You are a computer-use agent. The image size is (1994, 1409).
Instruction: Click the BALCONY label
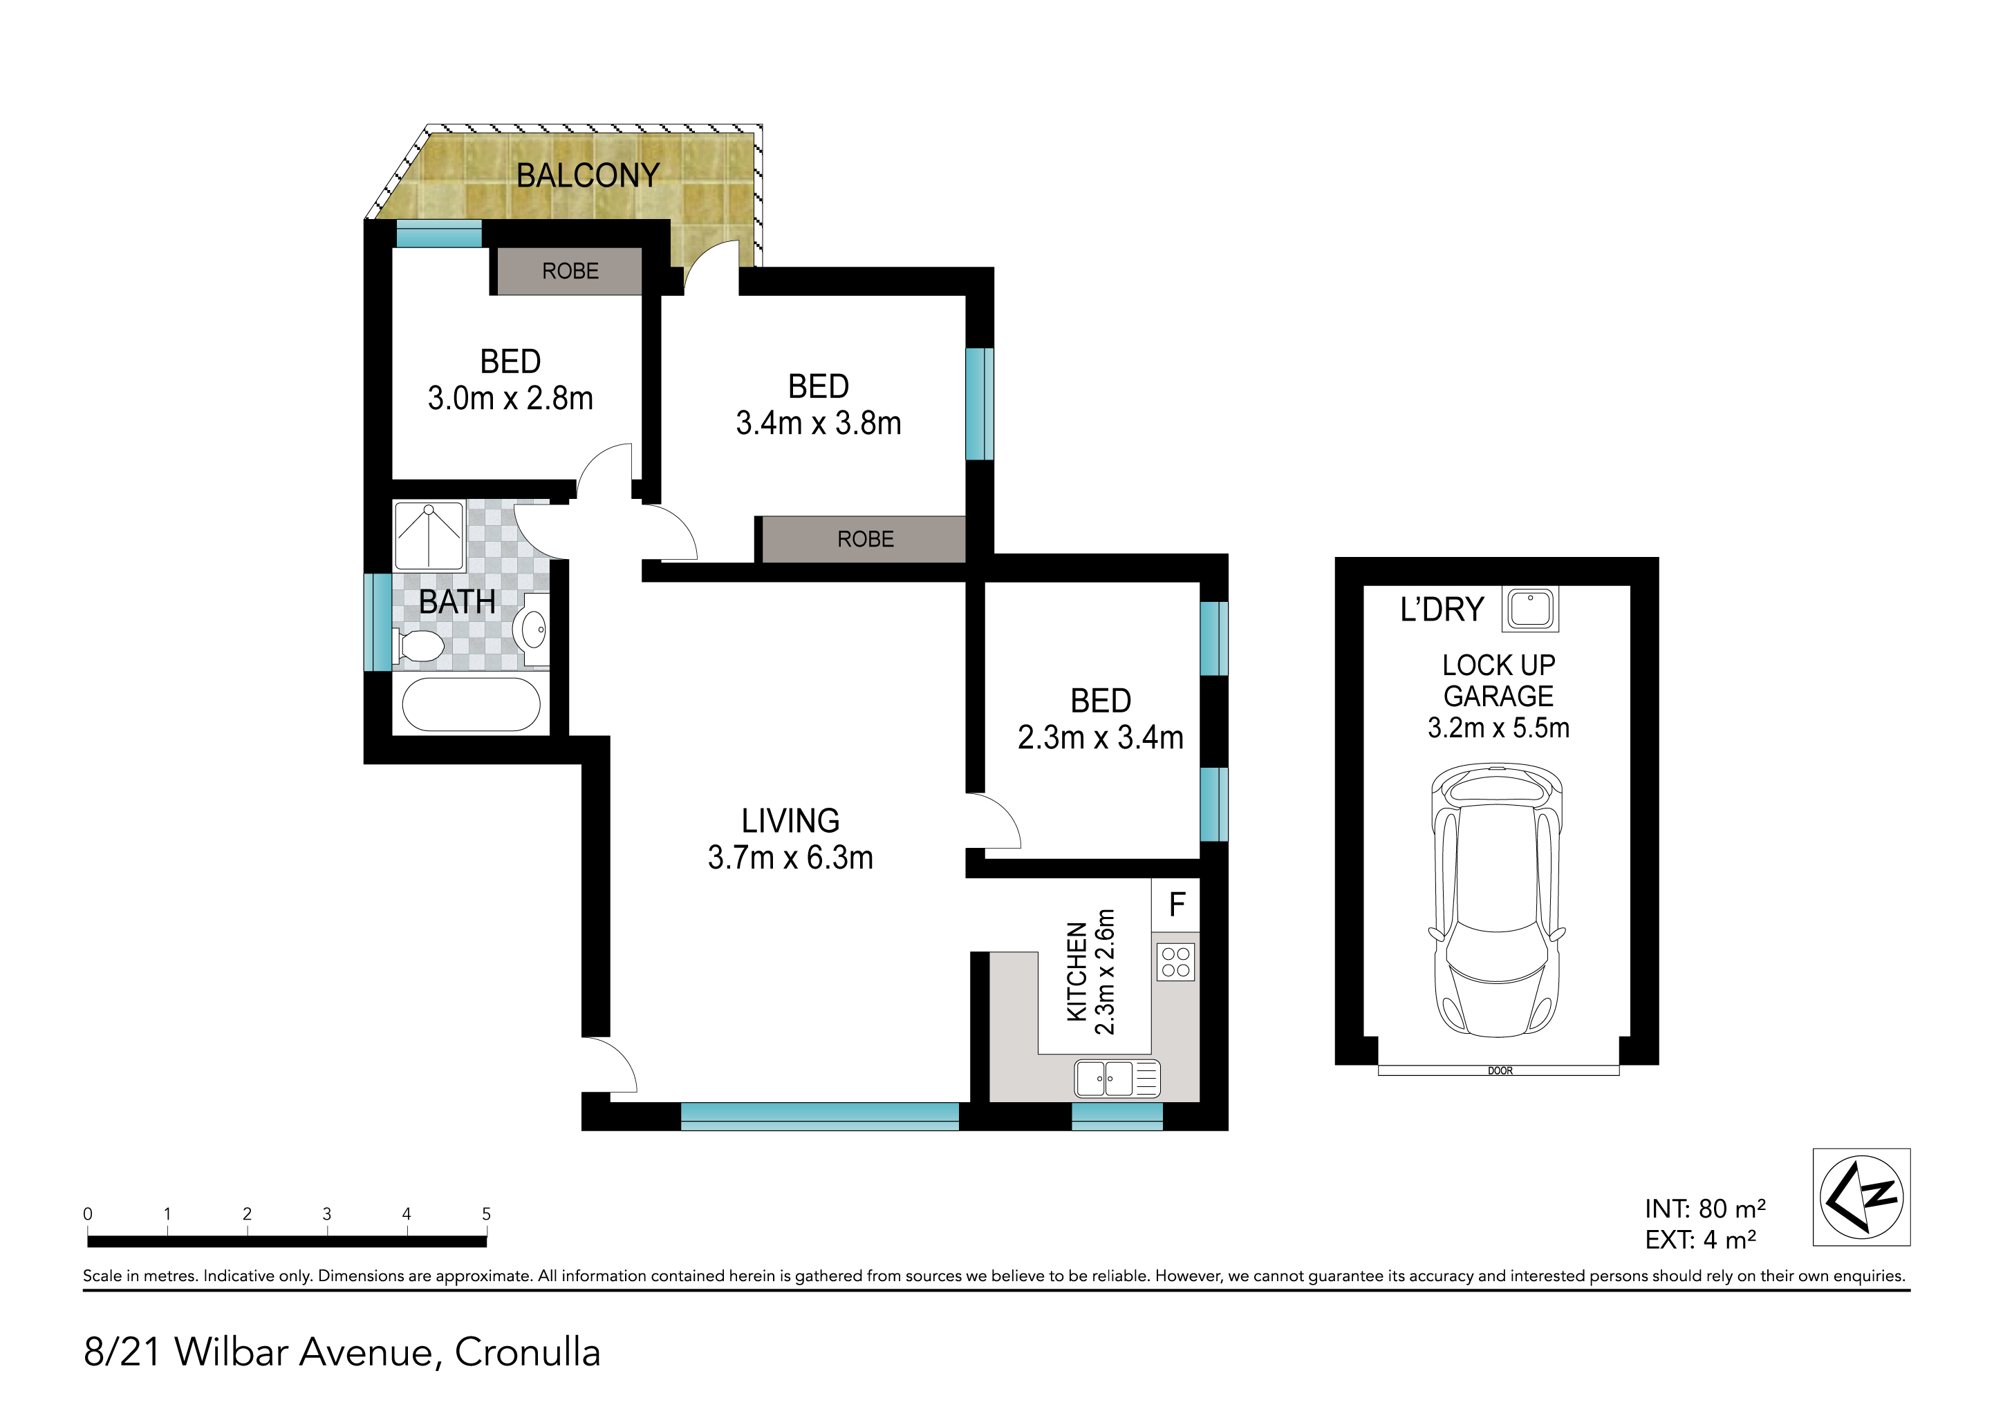[588, 176]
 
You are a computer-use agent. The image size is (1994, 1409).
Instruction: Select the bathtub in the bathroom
[472, 704]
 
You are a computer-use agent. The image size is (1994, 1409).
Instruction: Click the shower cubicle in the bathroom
[429, 535]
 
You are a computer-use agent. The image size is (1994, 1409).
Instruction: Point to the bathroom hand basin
[532, 629]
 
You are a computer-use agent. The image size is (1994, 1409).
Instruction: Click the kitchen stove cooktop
[1176, 962]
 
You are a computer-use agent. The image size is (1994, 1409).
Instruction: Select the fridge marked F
[1177, 905]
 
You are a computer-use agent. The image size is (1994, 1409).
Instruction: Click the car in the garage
[1498, 900]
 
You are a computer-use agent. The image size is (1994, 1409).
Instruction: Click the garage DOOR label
[1500, 1070]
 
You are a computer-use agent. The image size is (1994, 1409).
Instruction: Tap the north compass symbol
[1861, 1197]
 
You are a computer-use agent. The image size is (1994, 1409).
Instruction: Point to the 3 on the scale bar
[326, 1213]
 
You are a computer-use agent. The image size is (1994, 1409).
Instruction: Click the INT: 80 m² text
[1705, 1209]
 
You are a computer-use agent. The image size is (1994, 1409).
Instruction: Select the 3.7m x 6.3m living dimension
[790, 858]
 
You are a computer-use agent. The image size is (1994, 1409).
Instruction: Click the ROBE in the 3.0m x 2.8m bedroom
[570, 271]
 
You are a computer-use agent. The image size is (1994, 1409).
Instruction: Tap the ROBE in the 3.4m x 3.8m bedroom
[866, 539]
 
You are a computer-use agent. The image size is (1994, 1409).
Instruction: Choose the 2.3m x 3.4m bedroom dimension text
[1100, 738]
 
